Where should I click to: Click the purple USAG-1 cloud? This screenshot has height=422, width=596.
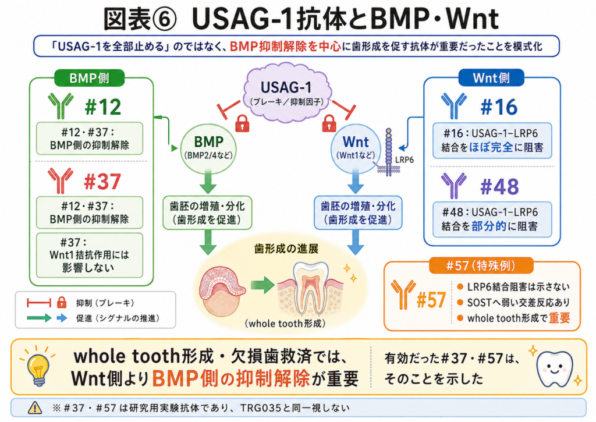pyautogui.click(x=287, y=93)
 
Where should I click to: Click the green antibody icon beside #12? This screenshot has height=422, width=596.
pyautogui.click(x=61, y=106)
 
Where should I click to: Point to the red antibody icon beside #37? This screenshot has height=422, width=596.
pyautogui.click(x=61, y=180)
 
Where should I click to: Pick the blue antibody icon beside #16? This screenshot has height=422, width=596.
pyautogui.click(x=454, y=106)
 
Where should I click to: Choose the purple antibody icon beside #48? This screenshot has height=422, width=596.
pyautogui.click(x=454, y=186)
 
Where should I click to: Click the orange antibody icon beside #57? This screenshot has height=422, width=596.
pyautogui.click(x=403, y=294)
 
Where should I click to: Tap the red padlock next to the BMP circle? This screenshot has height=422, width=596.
pyautogui.click(x=242, y=123)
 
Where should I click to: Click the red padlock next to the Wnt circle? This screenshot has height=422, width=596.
pyautogui.click(x=329, y=123)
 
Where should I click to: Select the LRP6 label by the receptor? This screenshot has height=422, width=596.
pyautogui.click(x=405, y=160)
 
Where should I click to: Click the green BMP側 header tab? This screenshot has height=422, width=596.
pyautogui.click(x=90, y=78)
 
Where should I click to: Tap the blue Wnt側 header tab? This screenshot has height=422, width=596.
pyautogui.click(x=491, y=78)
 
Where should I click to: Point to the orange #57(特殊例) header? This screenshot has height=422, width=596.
pyautogui.click(x=481, y=265)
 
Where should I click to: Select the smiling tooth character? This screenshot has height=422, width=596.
pyautogui.click(x=555, y=368)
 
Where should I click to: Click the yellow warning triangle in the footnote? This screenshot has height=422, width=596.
pyautogui.click(x=35, y=408)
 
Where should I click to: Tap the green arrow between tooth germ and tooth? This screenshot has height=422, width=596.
pyautogui.click(x=262, y=285)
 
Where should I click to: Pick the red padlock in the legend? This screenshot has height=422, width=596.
pyautogui.click(x=61, y=303)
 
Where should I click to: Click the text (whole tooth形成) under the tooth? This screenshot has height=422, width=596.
pyautogui.click(x=285, y=324)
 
